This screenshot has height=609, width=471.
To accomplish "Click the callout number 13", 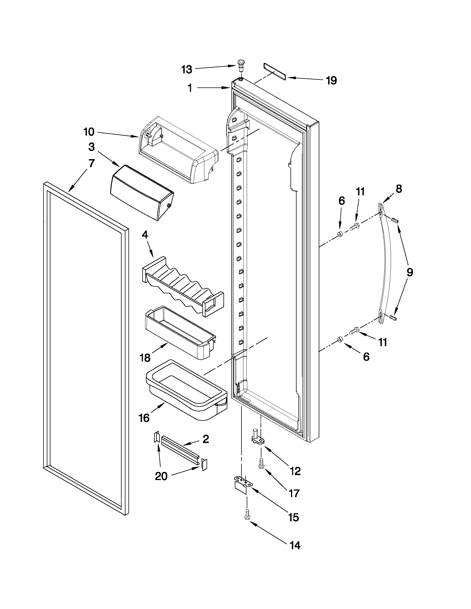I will point(187,69).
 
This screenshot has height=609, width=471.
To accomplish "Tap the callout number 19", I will point(331,81).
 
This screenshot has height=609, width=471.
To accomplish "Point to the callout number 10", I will point(89,132).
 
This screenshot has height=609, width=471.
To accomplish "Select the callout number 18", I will point(145,357).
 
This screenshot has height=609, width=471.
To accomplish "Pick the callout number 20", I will point(161,476).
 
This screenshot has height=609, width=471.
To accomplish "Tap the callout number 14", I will point(295,545).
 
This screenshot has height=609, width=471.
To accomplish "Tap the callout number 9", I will point(409,272).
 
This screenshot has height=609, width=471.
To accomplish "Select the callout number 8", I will point(399,189).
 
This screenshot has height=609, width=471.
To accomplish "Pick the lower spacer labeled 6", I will point(339,339).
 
